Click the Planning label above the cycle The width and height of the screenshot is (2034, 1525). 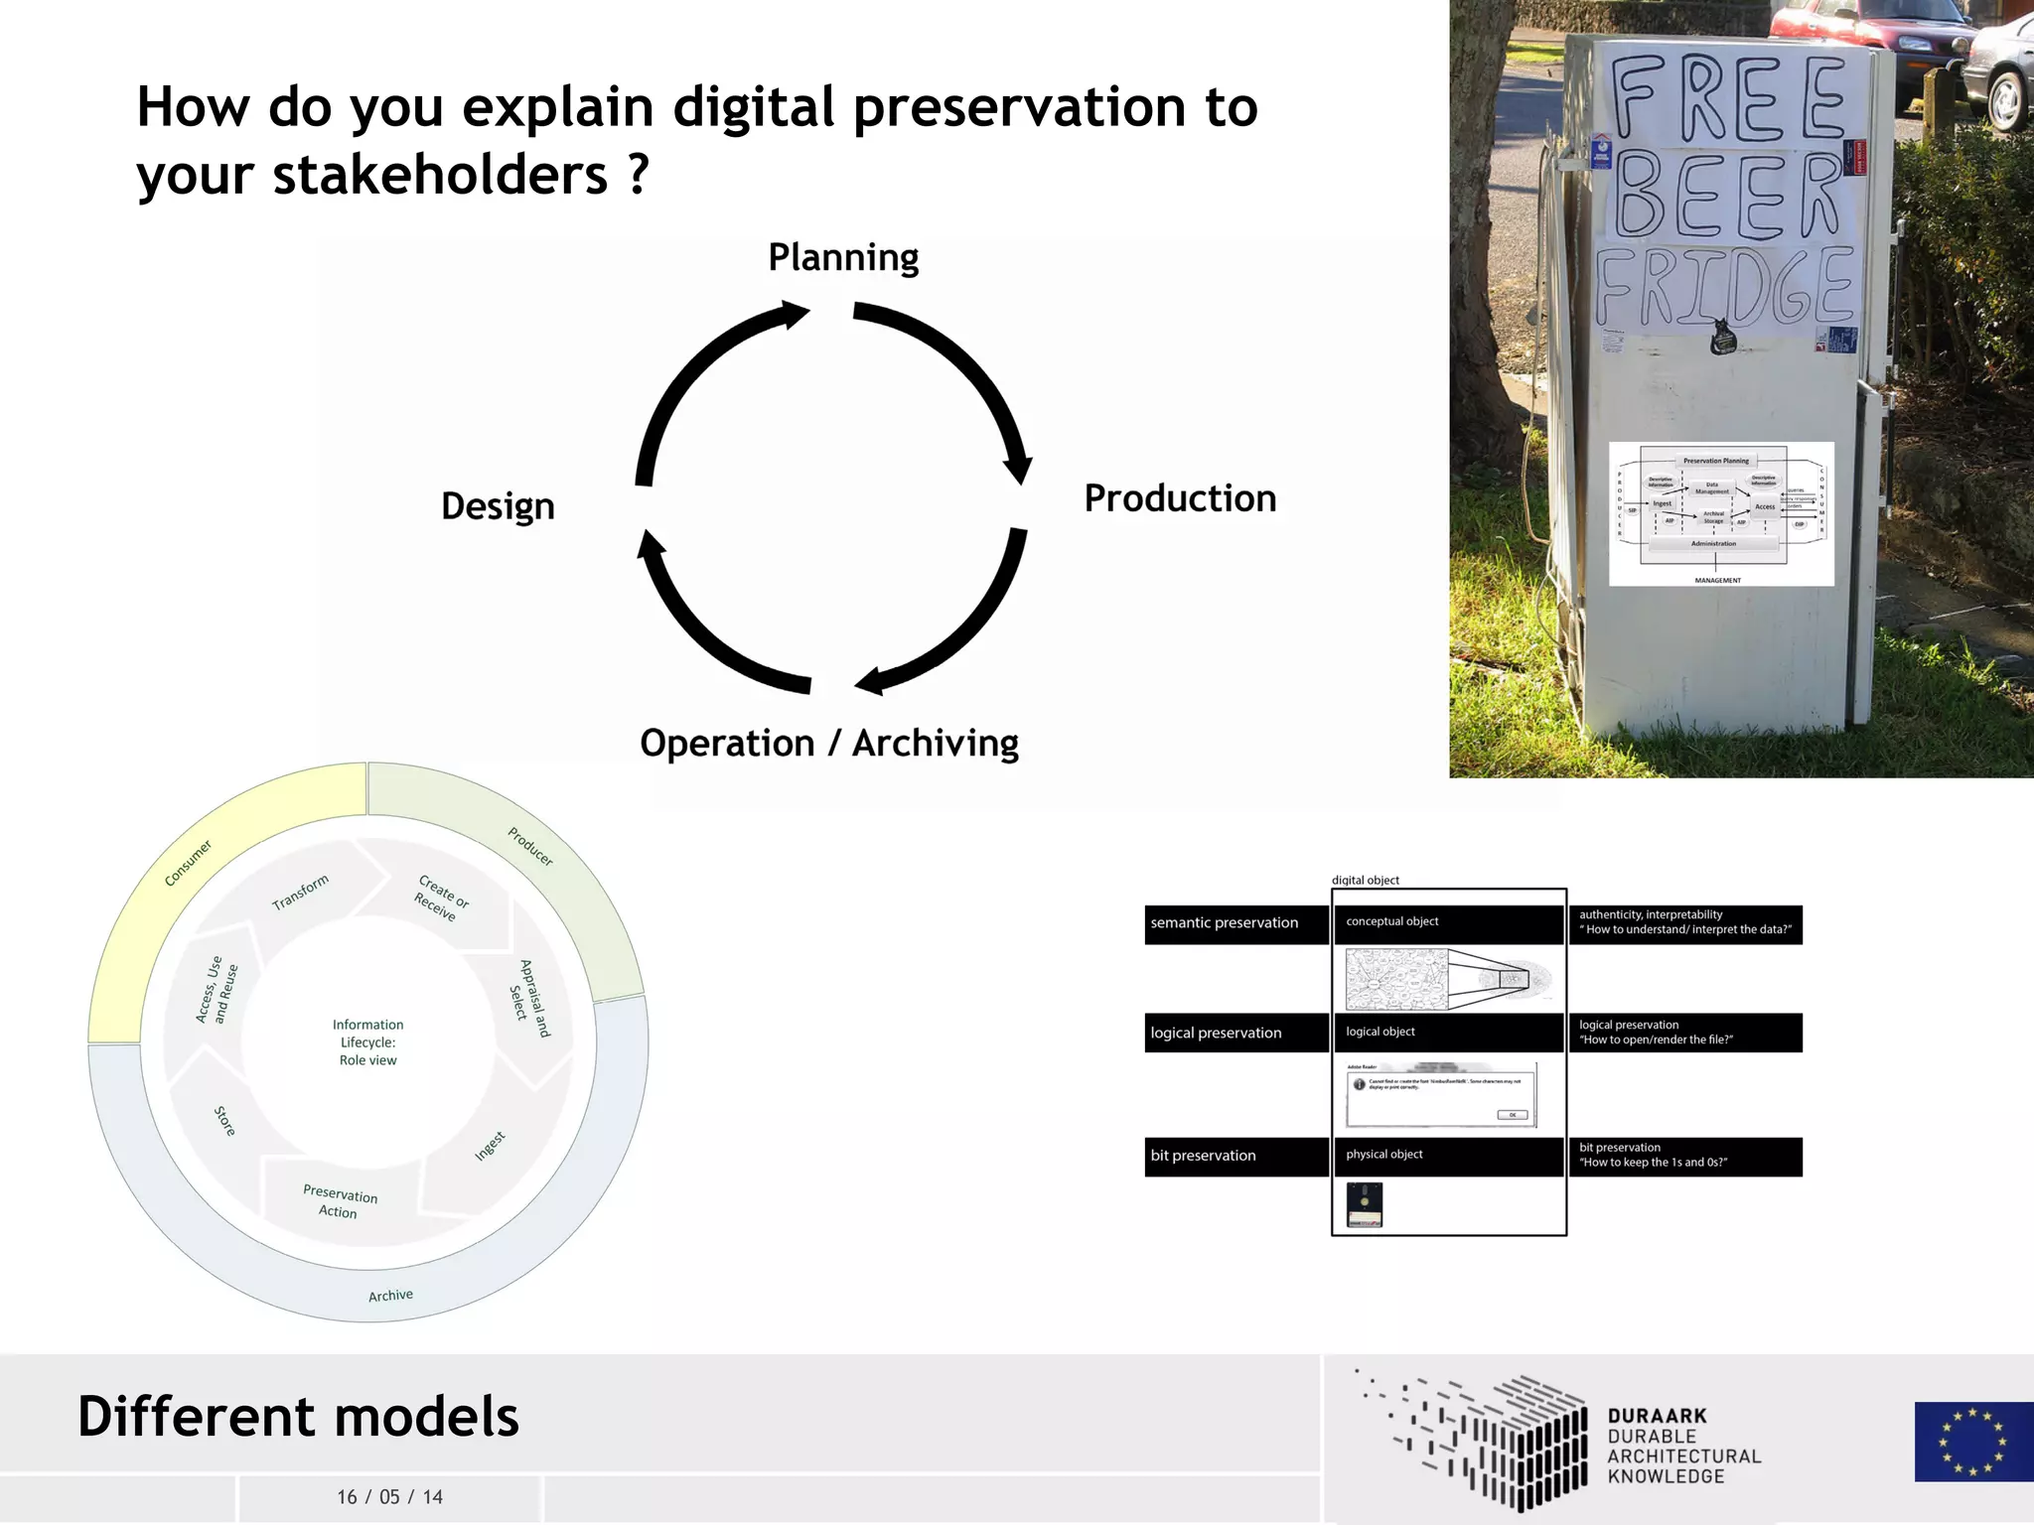click(843, 258)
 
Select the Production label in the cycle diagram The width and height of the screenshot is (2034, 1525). click(1180, 498)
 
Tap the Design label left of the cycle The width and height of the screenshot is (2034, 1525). click(498, 506)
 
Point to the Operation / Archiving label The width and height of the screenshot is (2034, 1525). click(829, 744)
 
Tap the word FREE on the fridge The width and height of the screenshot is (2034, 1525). click(1728, 97)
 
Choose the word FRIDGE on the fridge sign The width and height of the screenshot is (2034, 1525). click(1725, 287)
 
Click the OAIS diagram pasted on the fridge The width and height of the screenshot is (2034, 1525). click(1721, 514)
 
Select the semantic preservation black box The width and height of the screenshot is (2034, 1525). click(1235, 923)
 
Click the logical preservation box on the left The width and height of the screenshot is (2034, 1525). click(1235, 1033)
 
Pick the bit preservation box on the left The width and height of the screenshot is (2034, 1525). click(1235, 1156)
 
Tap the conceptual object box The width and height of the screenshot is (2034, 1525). click(1448, 923)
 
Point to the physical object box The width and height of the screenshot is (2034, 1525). click(1448, 1156)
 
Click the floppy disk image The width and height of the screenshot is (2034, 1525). click(1365, 1204)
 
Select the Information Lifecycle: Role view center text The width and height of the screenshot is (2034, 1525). click(368, 1042)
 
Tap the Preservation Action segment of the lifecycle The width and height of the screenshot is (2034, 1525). click(340, 1202)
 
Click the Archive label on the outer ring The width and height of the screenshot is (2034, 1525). click(390, 1296)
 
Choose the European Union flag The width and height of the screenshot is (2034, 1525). click(1972, 1442)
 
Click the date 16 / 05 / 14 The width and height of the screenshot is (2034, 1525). click(389, 1497)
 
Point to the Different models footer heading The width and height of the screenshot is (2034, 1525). click(298, 1417)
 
